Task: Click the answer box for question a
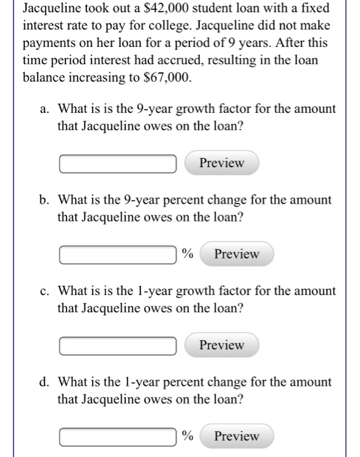point(118,163)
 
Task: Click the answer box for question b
point(118,254)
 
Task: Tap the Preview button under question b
point(237,254)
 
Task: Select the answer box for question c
point(118,345)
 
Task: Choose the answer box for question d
point(118,436)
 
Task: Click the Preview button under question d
point(237,436)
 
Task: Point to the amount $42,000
point(176,10)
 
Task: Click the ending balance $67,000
point(167,77)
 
